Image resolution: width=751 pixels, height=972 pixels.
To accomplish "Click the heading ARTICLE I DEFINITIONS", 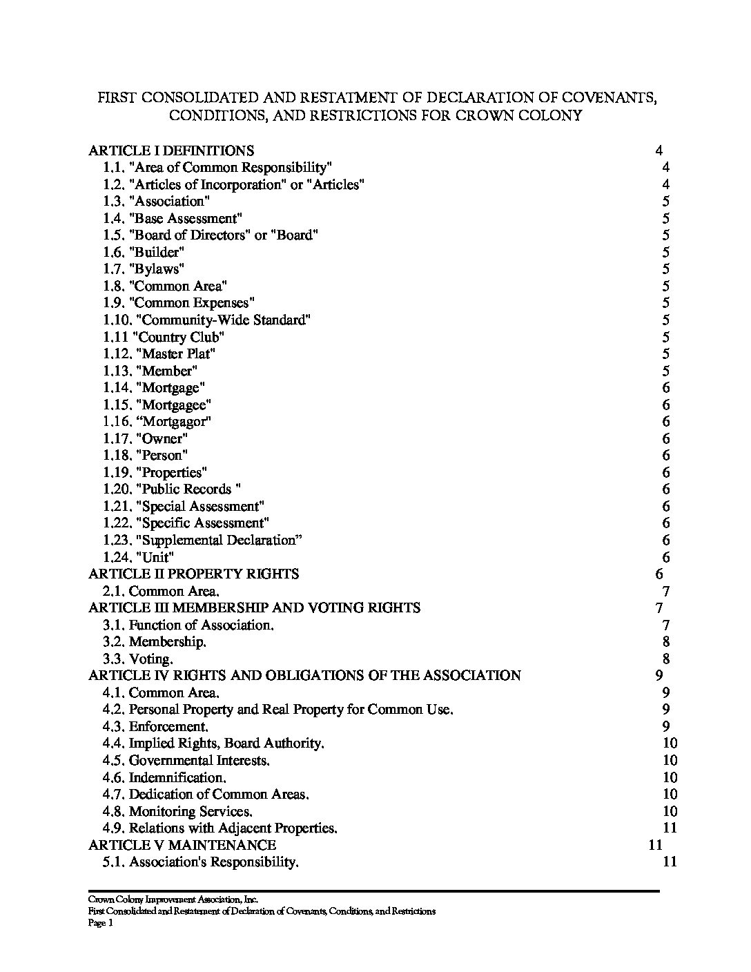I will tap(171, 150).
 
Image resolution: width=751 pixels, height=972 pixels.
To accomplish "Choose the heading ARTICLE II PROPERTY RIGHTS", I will tap(194, 574).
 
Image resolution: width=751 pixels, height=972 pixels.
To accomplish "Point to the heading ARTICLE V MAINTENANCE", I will tap(182, 845).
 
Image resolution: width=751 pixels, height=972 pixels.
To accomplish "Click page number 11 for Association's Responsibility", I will tap(670, 862).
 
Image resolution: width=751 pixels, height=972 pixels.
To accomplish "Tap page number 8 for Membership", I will tap(666, 642).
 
